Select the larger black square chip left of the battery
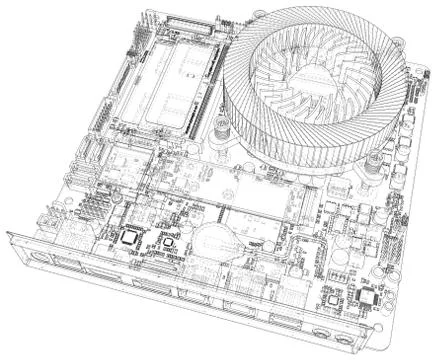point(130,238)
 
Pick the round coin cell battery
point(212,239)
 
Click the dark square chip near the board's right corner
point(367,296)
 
